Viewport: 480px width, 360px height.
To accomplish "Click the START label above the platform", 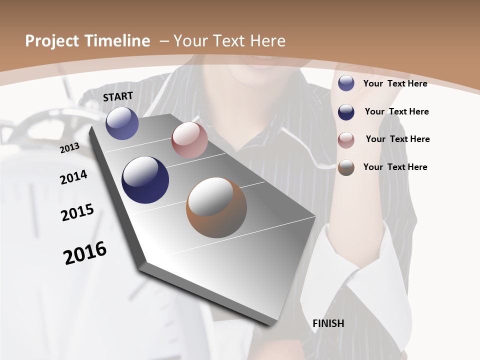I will (118, 96).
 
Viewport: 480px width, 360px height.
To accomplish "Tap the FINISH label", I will (328, 323).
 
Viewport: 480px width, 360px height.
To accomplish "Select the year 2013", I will (69, 147).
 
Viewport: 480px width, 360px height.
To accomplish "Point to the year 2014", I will (73, 177).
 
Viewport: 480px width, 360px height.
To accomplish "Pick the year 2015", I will (77, 212).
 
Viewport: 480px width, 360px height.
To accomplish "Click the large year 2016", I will (85, 253).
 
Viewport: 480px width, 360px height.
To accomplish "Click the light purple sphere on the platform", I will (122, 123).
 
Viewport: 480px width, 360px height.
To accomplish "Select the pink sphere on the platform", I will (189, 140).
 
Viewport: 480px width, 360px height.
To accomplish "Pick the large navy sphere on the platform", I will (145, 180).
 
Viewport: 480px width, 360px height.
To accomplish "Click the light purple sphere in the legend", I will (346, 83).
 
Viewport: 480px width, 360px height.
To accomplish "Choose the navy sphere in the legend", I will (346, 111).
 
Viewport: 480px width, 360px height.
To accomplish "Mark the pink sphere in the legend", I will (346, 140).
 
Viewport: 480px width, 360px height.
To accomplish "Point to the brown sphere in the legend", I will (346, 167).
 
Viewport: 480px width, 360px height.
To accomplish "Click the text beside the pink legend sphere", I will (397, 139).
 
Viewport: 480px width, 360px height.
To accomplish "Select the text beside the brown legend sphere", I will (395, 167).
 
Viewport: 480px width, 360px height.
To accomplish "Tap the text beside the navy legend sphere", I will (396, 111).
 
